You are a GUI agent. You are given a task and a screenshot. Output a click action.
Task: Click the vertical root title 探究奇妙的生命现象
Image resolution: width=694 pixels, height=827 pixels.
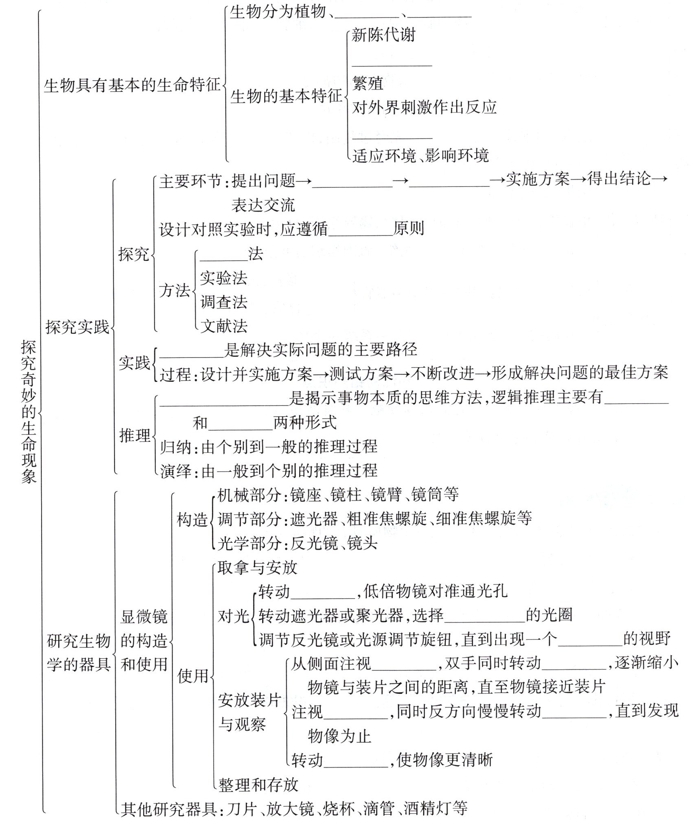click(x=29, y=411)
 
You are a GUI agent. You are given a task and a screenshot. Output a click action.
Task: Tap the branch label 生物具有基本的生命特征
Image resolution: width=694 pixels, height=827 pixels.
click(x=131, y=86)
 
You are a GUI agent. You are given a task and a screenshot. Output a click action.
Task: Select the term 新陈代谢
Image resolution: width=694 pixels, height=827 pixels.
click(x=383, y=35)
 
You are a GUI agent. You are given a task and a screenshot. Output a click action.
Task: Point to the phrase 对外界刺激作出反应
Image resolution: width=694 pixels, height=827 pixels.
click(x=424, y=107)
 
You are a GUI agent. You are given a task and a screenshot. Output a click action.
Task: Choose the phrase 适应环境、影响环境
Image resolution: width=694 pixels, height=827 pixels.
click(x=420, y=156)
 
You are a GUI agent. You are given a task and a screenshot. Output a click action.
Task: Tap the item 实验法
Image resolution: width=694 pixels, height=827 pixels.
click(x=223, y=278)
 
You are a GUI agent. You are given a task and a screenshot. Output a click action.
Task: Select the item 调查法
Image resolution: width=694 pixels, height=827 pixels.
click(x=223, y=302)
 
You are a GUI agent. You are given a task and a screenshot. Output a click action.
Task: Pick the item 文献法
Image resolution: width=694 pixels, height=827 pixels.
click(x=223, y=326)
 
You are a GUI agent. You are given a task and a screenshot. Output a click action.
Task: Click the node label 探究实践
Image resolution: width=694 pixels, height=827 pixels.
click(x=77, y=327)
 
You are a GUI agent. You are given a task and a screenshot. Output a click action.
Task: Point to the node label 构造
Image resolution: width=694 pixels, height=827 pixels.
click(x=192, y=520)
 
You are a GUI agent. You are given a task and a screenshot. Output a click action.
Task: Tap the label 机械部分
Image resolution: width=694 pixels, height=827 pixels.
click(x=249, y=495)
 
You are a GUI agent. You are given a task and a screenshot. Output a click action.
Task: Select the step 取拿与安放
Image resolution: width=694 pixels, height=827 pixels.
click(x=257, y=568)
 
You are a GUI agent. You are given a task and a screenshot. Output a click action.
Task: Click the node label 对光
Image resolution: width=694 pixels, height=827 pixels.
click(x=233, y=616)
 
